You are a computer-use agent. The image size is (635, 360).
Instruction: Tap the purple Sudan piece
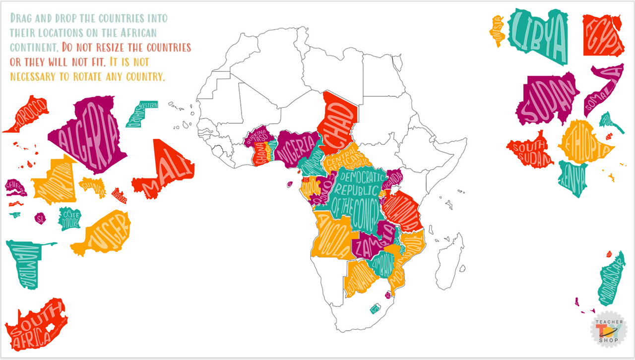[x=546, y=99]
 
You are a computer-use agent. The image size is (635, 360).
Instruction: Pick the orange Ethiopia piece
[x=585, y=141]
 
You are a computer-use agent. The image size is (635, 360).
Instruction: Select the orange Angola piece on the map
[x=330, y=238]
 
